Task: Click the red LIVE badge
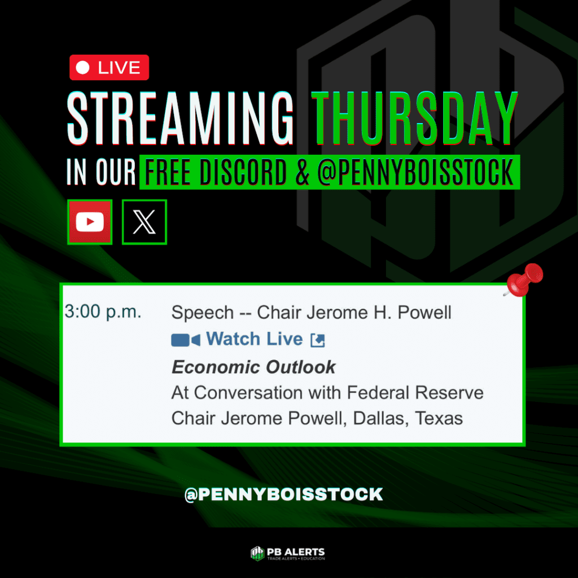click(x=109, y=68)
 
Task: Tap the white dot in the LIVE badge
click(x=82, y=68)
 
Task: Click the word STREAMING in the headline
click(x=180, y=118)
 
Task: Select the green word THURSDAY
click(x=415, y=118)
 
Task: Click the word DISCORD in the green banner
click(x=243, y=172)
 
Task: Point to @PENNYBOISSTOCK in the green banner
click(x=415, y=172)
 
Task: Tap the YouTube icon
click(x=90, y=222)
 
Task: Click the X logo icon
click(x=144, y=222)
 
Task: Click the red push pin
click(x=524, y=280)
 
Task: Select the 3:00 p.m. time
click(x=103, y=312)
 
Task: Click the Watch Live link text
click(x=255, y=339)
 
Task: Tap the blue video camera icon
click(x=186, y=340)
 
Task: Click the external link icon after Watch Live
click(x=318, y=340)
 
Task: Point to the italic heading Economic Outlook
click(x=253, y=367)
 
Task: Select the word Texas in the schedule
click(x=439, y=418)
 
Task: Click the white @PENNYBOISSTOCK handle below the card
click(x=284, y=494)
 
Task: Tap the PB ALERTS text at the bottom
click(x=296, y=552)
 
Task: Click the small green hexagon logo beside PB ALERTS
click(x=257, y=553)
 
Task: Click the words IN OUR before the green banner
click(x=101, y=172)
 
